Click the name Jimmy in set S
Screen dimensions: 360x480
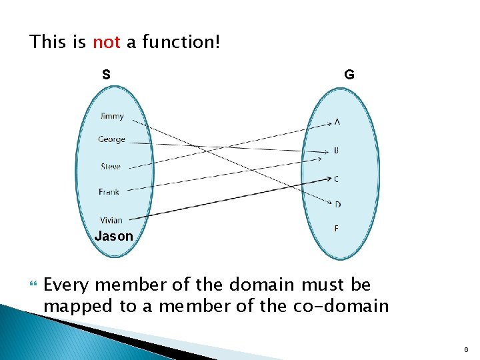(x=112, y=116)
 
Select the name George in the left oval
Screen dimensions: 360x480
(x=111, y=139)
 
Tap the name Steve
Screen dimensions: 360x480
(x=111, y=167)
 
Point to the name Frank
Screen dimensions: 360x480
(x=109, y=192)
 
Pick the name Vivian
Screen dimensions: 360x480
(x=111, y=221)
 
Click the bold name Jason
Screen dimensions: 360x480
(x=113, y=236)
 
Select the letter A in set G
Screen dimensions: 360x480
(x=337, y=122)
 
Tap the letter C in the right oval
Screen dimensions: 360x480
(x=337, y=179)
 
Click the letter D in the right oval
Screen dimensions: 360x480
(x=337, y=204)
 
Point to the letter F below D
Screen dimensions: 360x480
(x=337, y=229)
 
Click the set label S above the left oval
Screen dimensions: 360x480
(x=106, y=74)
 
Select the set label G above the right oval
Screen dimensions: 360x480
(x=349, y=75)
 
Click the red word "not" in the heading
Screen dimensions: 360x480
(x=106, y=43)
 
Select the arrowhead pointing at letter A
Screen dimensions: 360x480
(x=330, y=123)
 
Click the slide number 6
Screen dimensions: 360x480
(x=466, y=349)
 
